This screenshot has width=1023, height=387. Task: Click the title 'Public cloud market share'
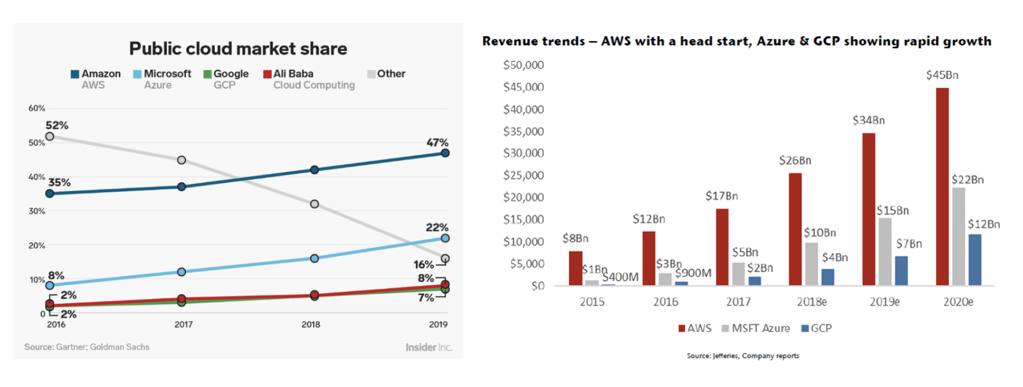(238, 49)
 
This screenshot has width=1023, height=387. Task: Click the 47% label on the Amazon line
(437, 143)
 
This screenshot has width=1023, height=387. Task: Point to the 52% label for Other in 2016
(57, 125)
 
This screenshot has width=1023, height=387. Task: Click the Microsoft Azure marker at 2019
(445, 238)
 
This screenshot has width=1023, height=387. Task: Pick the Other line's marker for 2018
(315, 204)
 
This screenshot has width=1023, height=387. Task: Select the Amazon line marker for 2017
(181, 187)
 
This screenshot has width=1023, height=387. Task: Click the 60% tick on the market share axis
(37, 108)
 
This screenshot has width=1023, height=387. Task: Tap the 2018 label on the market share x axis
(311, 324)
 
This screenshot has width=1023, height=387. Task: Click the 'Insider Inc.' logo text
(428, 347)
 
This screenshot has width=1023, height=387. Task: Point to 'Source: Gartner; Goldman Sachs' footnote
(87, 347)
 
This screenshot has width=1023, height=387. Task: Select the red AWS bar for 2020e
(942, 187)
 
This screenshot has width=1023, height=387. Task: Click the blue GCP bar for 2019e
(901, 270)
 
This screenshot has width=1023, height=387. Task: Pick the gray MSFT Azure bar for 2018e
(812, 264)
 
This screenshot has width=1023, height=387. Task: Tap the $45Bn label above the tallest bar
(942, 75)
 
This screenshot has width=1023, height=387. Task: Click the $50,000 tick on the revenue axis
(523, 65)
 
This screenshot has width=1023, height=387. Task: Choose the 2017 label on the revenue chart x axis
(739, 302)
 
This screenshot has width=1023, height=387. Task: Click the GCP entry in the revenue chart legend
(817, 328)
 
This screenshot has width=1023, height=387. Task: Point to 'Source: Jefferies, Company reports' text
(743, 356)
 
